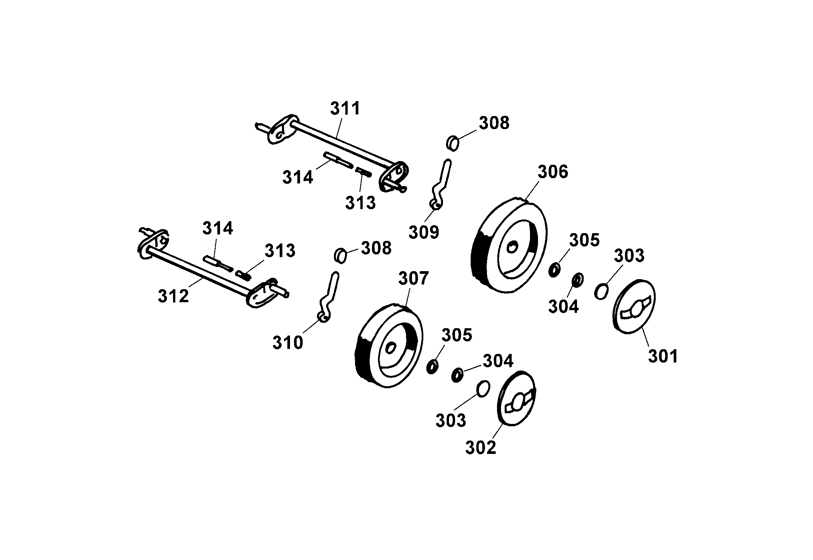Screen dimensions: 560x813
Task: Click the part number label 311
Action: (x=345, y=108)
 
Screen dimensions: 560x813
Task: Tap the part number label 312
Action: (x=173, y=296)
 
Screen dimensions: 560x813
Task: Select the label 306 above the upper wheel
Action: (x=553, y=172)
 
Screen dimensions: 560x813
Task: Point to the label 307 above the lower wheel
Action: (x=413, y=278)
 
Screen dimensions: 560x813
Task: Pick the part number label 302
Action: (x=480, y=448)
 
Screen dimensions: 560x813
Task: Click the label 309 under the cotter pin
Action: (x=424, y=232)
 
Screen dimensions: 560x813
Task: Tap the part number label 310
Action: (x=287, y=343)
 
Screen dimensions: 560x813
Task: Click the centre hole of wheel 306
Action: (x=512, y=247)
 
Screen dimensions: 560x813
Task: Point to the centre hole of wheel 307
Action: (x=390, y=348)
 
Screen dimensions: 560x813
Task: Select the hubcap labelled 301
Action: (x=634, y=307)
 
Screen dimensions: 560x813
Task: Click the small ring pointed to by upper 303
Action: (x=601, y=292)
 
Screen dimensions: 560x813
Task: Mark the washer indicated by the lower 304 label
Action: (x=457, y=375)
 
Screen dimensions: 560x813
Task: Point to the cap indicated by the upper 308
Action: (x=453, y=143)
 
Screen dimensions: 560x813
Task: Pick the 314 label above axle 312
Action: (x=217, y=228)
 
